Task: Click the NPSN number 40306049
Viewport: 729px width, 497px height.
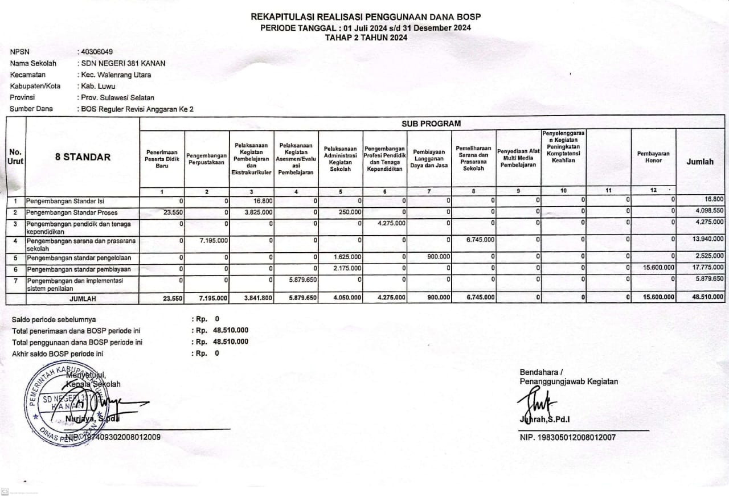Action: point(97,52)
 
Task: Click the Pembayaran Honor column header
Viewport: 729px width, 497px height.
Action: point(653,157)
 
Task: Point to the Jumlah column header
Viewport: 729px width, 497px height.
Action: point(700,162)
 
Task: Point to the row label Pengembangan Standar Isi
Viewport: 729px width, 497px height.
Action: point(65,201)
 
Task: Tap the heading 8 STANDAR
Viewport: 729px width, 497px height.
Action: point(83,157)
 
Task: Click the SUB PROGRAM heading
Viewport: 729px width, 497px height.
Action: point(431,123)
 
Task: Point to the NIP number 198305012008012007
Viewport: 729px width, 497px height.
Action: point(567,438)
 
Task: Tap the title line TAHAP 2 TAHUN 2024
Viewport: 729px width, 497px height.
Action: point(366,38)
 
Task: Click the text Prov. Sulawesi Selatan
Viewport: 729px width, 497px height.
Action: point(117,97)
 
